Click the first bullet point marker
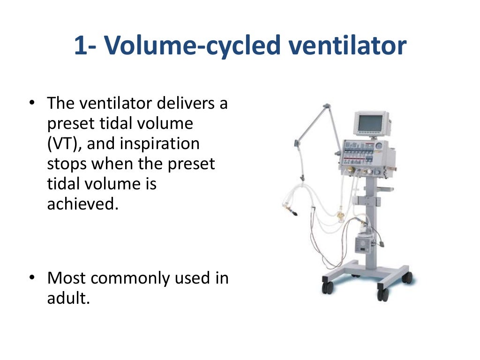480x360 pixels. (31, 102)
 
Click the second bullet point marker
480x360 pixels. (31, 278)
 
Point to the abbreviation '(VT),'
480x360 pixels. (64, 143)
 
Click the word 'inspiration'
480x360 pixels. (159, 143)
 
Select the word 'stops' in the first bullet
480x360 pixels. (67, 164)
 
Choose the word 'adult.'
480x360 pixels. (68, 299)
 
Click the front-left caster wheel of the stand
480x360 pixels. (327, 287)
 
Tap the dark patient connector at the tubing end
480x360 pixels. (294, 214)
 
